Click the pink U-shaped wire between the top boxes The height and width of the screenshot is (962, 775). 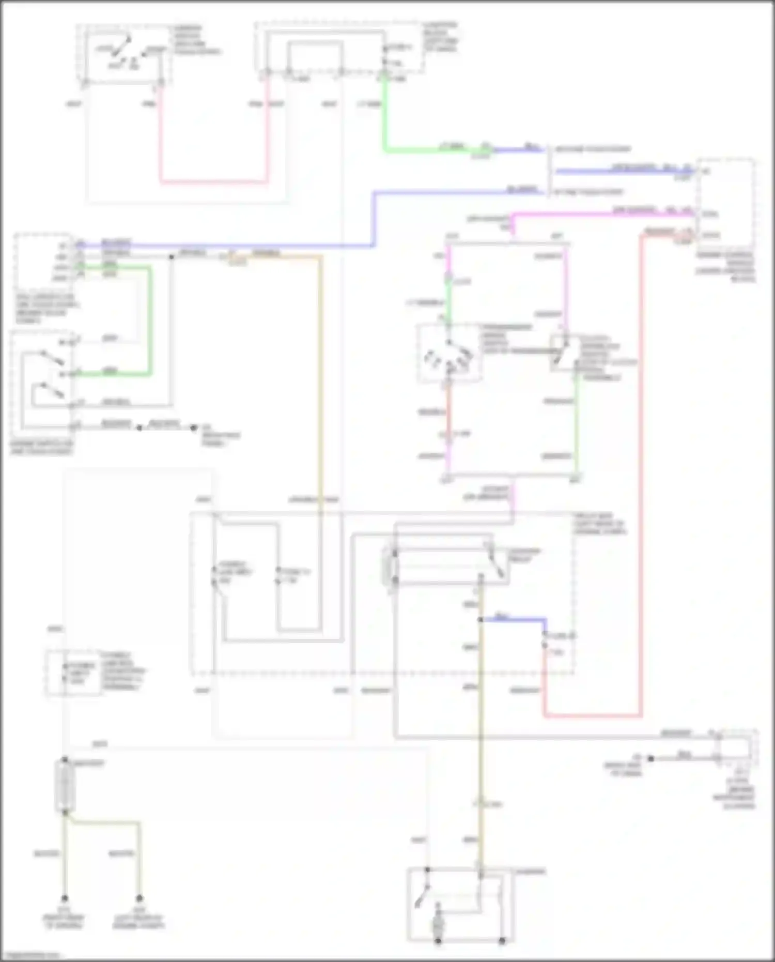pos(213,181)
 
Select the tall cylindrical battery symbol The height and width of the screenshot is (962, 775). pos(65,786)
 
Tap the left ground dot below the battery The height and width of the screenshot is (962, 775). pos(65,898)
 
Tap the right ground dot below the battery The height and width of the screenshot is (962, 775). pos(139,898)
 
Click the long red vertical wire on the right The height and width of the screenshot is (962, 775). pos(641,465)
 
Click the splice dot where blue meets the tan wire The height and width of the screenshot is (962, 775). pos(481,619)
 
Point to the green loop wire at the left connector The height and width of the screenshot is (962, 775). pos(150,320)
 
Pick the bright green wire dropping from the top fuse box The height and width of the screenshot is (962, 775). pos(385,119)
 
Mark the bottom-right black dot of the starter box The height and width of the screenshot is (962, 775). pos(502,941)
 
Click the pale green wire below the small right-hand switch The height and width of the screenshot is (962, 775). pos(577,424)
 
